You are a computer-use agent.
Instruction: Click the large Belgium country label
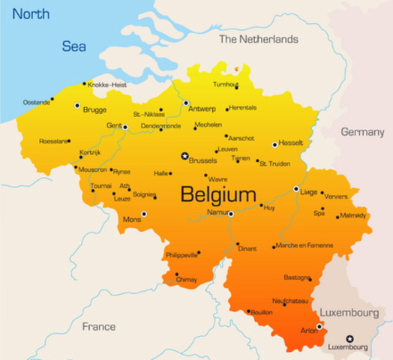pos(218,195)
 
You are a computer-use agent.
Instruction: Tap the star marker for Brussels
pos(184,156)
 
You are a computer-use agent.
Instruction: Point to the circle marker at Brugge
pos(77,106)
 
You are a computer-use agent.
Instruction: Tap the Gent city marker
pos(125,127)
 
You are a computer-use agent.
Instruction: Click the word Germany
pos(362,132)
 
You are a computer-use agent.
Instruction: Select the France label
pos(99,326)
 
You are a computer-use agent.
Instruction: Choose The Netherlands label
pos(258,39)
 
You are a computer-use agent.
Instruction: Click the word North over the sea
pos(31,14)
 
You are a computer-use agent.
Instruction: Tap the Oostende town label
pos(37,102)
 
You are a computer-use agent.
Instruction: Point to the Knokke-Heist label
pos(106,85)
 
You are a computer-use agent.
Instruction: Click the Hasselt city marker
pos(274,145)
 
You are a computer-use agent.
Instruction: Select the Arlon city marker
pos(319,326)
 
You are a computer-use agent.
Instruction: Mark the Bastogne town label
pos(297,277)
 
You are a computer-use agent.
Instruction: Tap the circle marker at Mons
pos(144,214)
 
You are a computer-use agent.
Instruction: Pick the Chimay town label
pos(187,280)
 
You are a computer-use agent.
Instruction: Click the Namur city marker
pos(231,214)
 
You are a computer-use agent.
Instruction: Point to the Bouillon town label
pos(261,311)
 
